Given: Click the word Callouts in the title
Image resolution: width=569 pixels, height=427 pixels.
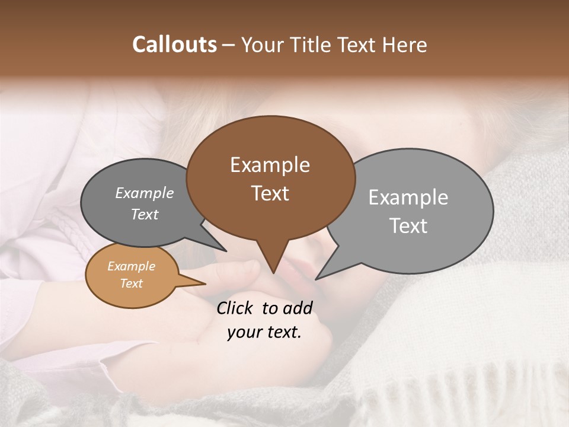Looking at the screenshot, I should tap(174, 44).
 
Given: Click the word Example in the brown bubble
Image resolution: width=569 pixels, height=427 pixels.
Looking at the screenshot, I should tap(270, 165).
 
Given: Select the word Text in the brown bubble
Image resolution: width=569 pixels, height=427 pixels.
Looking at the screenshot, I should tap(270, 193).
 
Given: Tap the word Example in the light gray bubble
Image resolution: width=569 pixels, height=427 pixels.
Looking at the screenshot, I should tap(408, 197).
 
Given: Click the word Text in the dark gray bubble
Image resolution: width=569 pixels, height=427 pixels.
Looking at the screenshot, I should tap(145, 215).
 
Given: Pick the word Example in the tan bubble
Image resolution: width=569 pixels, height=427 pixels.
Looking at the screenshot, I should tap(131, 266).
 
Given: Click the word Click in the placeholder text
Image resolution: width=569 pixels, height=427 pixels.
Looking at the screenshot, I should tap(235, 308).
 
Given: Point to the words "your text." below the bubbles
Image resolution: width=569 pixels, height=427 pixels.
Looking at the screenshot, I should tap(264, 333).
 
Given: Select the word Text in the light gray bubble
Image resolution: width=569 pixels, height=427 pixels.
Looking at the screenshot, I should tap(408, 226).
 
